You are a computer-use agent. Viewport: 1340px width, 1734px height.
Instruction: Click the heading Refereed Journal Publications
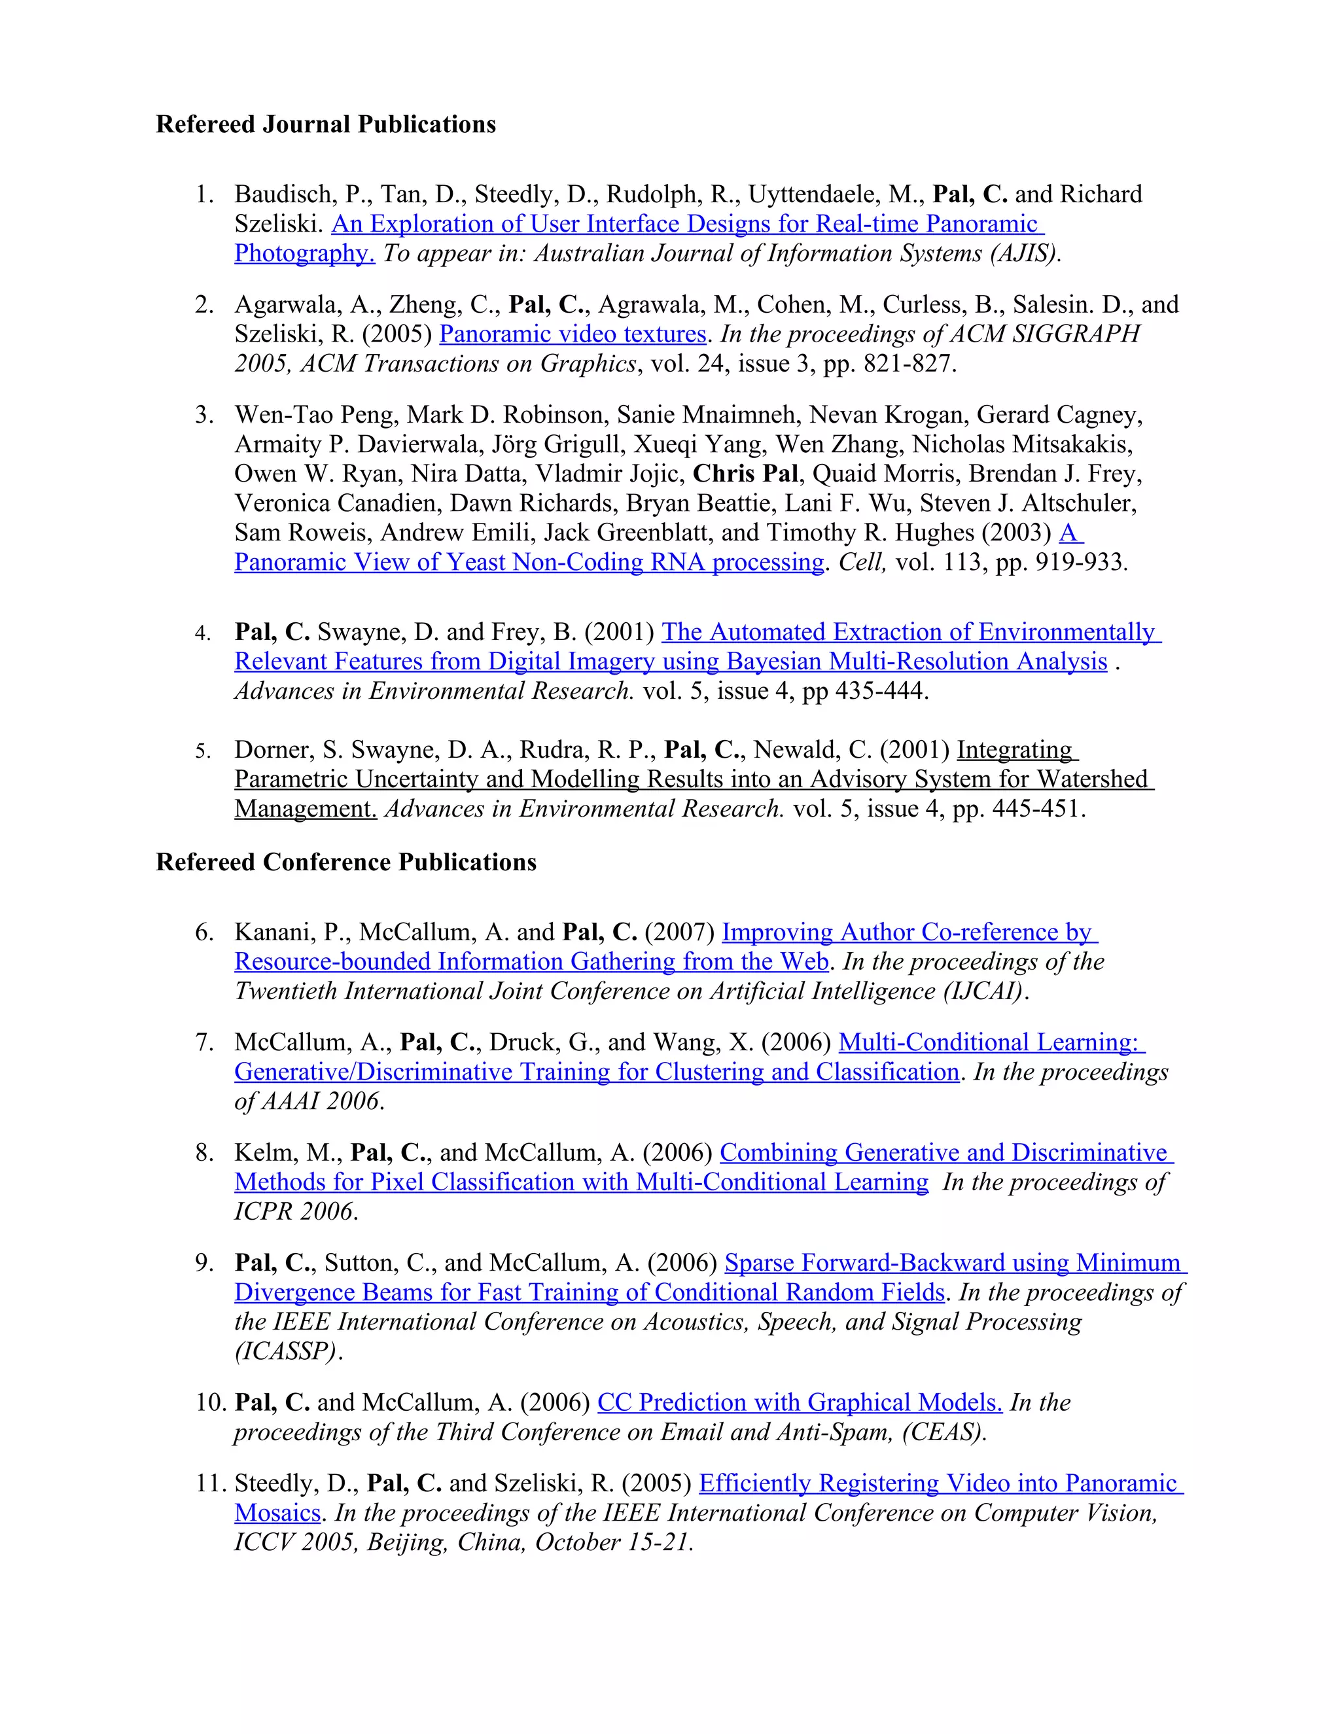tap(325, 124)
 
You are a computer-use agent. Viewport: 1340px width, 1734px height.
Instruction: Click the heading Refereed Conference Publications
tap(345, 862)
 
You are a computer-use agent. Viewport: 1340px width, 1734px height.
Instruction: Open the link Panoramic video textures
tap(573, 334)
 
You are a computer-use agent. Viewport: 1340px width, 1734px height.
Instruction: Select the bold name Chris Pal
tap(745, 474)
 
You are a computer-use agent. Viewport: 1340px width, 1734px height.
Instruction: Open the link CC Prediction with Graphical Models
tap(800, 1403)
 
